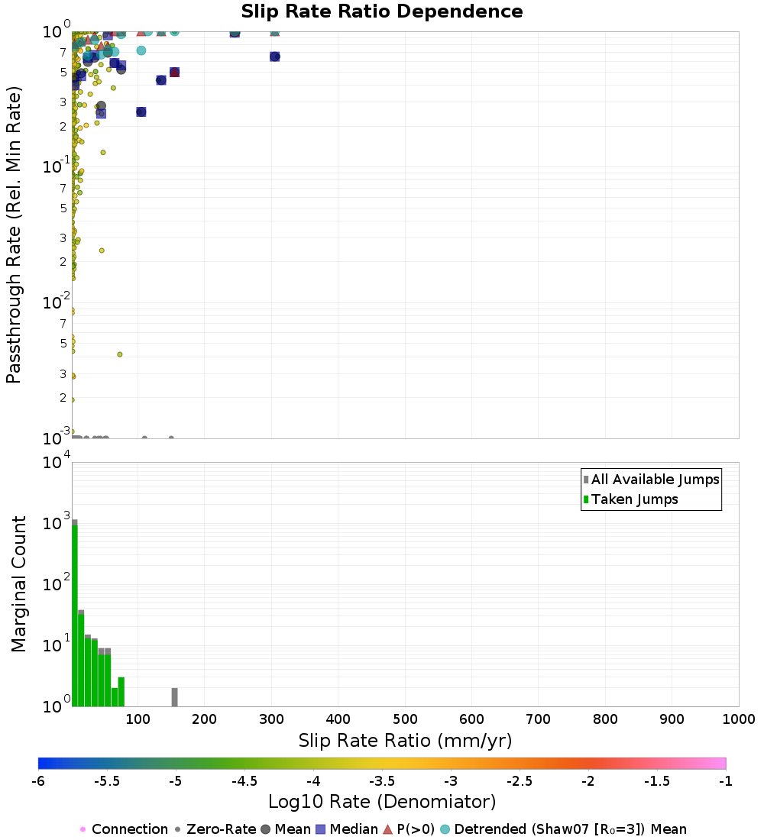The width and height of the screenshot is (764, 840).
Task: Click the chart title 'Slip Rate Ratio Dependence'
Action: [382, 12]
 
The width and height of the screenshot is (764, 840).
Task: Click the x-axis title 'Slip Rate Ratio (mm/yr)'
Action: [405, 741]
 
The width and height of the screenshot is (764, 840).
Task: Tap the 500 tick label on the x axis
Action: [405, 719]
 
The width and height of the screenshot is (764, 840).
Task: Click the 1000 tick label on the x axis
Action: [739, 719]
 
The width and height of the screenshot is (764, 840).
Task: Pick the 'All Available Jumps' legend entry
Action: [656, 480]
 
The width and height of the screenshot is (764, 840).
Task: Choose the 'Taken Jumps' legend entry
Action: [634, 500]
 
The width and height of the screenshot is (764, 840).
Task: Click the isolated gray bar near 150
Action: [174, 696]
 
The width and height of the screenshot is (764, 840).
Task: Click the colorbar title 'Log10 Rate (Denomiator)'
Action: [382, 803]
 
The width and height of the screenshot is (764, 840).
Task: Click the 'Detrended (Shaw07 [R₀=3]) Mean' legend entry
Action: [570, 829]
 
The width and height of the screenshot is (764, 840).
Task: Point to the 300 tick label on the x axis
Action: [271, 719]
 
